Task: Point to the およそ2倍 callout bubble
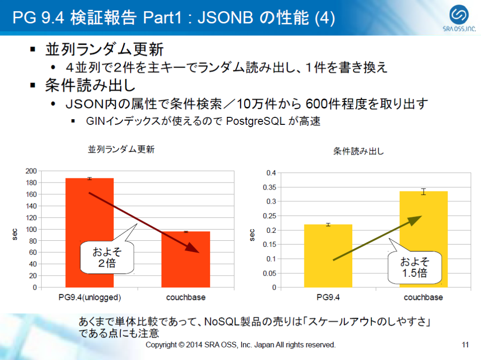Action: pos(107,257)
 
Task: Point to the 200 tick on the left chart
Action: pos(31,171)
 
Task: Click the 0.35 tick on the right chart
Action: pos(269,187)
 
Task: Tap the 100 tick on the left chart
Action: pos(31,229)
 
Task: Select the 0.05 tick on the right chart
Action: pos(269,273)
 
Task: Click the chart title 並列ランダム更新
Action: pos(121,149)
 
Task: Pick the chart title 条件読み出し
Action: pos(358,152)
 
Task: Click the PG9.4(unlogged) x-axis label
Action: pos(90,297)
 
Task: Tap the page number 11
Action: pos(465,345)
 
